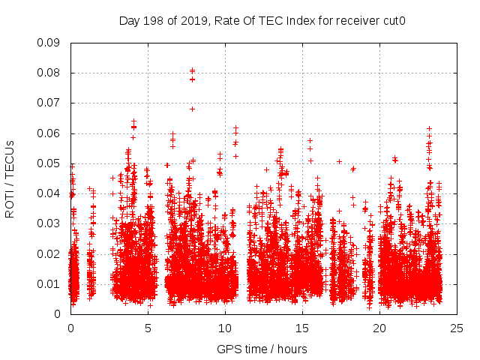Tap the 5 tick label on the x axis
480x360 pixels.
click(x=148, y=328)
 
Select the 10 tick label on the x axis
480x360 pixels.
click(x=225, y=328)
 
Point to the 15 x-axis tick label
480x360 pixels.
click(x=302, y=328)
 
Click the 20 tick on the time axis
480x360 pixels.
click(x=379, y=328)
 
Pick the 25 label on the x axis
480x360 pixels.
click(x=457, y=328)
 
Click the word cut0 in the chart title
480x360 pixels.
click(x=393, y=21)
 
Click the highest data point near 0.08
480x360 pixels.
click(x=192, y=70)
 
